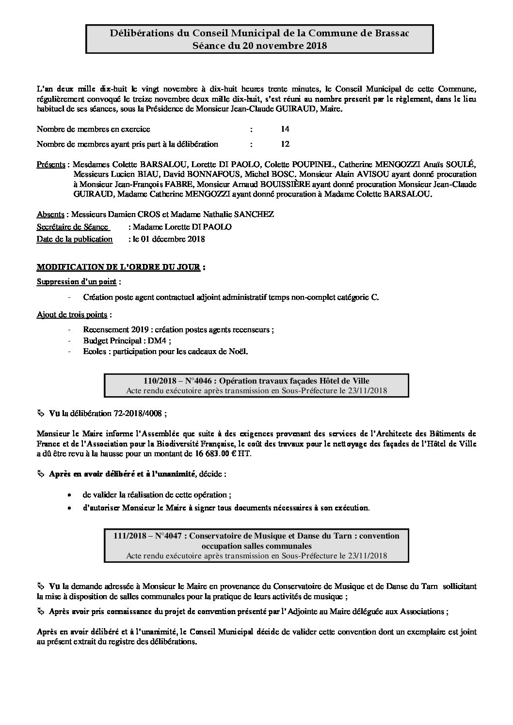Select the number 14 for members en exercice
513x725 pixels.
coord(285,129)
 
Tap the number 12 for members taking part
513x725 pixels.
coord(285,144)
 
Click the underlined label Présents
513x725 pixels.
coord(51,164)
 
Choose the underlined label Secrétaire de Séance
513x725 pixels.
coord(72,227)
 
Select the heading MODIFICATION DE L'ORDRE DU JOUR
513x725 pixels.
coord(118,267)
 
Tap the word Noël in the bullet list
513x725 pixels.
coord(238,352)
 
